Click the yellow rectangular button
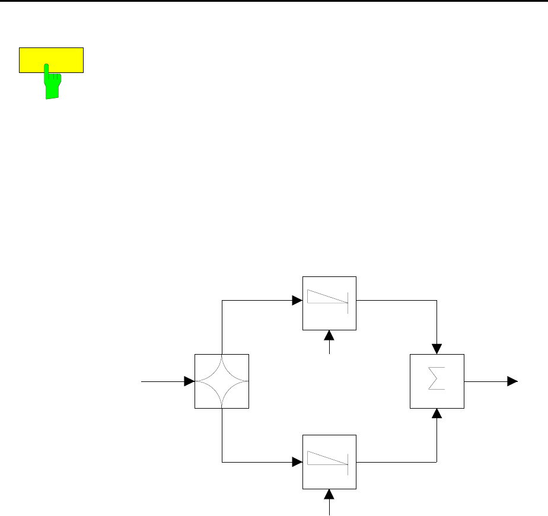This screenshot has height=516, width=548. coord(51,59)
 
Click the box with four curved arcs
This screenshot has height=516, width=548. coord(222,381)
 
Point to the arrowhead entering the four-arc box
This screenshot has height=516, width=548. coord(190,381)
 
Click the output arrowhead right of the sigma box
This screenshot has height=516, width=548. coord(512,381)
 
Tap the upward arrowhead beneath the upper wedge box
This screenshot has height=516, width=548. coord(330,336)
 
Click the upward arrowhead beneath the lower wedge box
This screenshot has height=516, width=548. coord(330,495)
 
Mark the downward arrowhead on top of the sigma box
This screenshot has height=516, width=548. coord(437,349)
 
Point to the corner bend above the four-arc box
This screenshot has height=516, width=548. coord(222,301)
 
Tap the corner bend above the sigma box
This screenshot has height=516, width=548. coord(437,301)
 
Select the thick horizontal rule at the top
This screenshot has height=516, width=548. coord(274,1)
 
